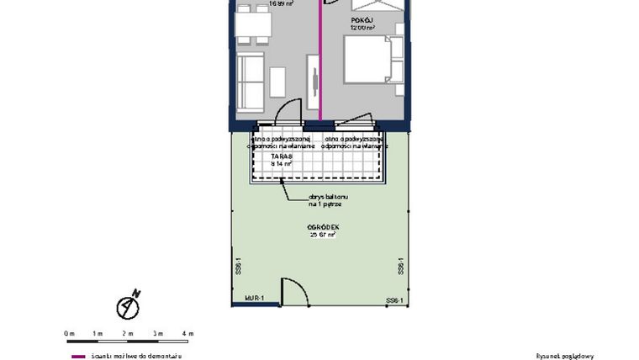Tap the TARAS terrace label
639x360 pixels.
point(281,156)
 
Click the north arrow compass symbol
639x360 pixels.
point(129,306)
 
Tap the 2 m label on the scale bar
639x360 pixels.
point(129,334)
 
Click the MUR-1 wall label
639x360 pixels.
point(255,299)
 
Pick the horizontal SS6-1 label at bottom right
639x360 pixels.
point(395,300)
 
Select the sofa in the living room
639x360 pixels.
point(251,82)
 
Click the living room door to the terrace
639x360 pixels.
point(292,111)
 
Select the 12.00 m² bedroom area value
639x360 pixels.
point(362,27)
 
